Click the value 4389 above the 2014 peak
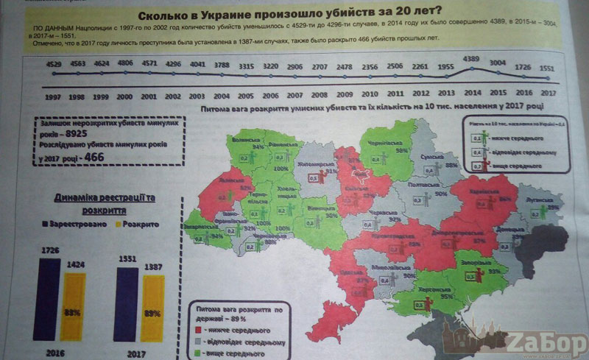(470, 58)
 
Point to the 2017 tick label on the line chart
(547, 93)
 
